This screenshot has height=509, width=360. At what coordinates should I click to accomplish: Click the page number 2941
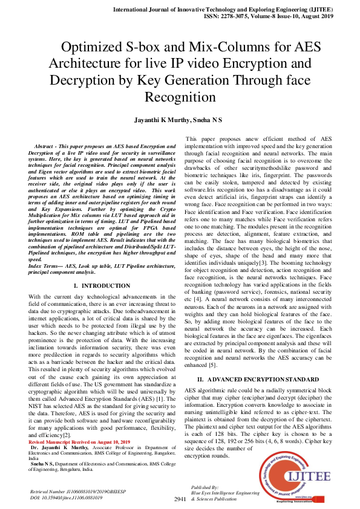pos(180,499)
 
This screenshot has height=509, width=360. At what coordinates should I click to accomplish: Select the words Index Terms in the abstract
pos(46,267)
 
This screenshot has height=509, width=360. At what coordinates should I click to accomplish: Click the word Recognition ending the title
pos(180,96)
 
